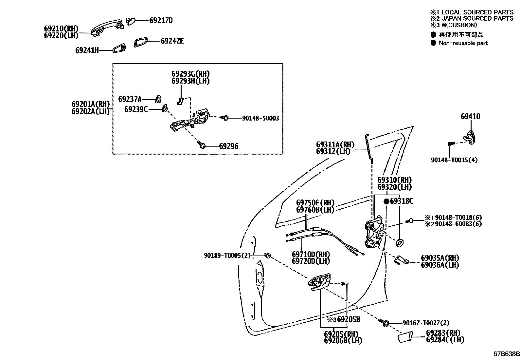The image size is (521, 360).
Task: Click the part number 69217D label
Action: click(x=161, y=21)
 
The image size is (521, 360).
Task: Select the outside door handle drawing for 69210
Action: click(x=105, y=28)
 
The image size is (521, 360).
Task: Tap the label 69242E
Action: click(x=172, y=41)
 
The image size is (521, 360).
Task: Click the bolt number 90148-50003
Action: click(x=260, y=118)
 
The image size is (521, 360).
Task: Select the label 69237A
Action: click(x=130, y=99)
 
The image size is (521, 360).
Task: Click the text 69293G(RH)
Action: click(x=190, y=74)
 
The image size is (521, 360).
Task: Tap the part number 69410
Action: click(x=470, y=116)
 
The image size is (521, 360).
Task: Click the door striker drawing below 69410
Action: click(x=470, y=135)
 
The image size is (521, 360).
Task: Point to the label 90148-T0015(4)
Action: click(x=454, y=160)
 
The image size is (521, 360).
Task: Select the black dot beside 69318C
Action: click(x=386, y=201)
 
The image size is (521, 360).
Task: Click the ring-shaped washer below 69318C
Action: click(x=400, y=243)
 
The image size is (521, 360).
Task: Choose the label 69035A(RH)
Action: click(x=440, y=258)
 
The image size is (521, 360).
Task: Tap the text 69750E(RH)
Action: click(x=315, y=203)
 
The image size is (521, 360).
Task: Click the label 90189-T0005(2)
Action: click(x=227, y=255)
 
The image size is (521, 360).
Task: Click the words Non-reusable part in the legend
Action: click(x=463, y=43)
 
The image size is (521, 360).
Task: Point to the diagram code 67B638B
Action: click(x=507, y=354)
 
